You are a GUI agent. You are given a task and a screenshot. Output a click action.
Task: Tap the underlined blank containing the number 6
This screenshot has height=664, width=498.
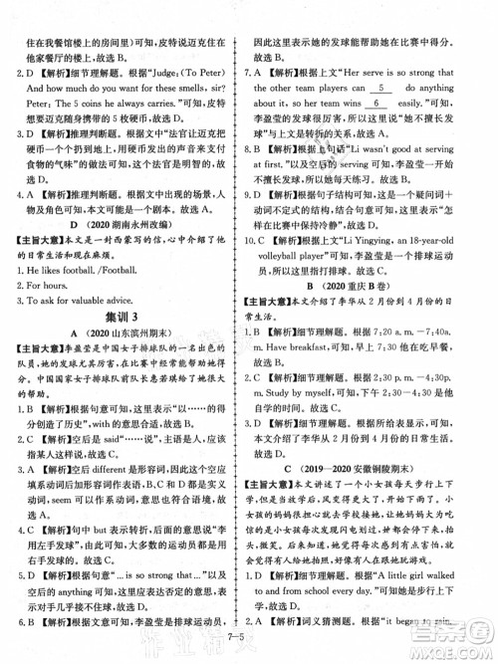pyautogui.click(x=377, y=129)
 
